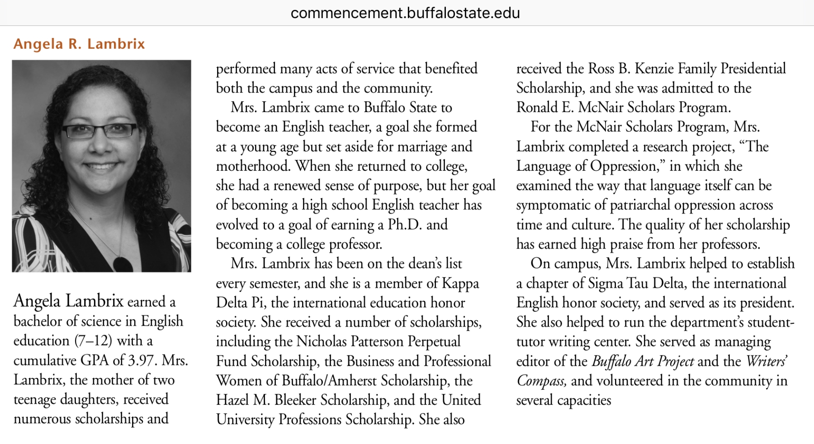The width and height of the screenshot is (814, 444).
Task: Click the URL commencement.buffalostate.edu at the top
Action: pyautogui.click(x=405, y=13)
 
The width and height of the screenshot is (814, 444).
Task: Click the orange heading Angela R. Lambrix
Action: pyautogui.click(x=79, y=44)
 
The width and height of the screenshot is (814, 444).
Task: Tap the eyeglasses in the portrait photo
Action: pyautogui.click(x=99, y=131)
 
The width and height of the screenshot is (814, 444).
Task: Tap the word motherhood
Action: pyautogui.click(x=253, y=166)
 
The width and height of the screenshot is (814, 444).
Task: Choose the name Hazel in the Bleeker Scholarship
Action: pyautogui.click(x=232, y=400)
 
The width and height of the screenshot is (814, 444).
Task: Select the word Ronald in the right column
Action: pyautogui.click(x=537, y=107)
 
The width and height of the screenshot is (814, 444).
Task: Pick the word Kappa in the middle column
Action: pyautogui.click(x=460, y=284)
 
